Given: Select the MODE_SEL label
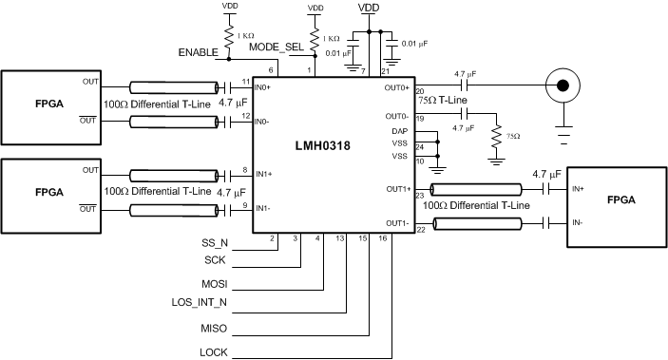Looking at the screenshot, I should [x=276, y=46].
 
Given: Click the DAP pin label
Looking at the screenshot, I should [x=399, y=131].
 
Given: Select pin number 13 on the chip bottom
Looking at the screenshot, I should [x=339, y=239].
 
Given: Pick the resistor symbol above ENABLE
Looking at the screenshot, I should [x=229, y=35].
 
